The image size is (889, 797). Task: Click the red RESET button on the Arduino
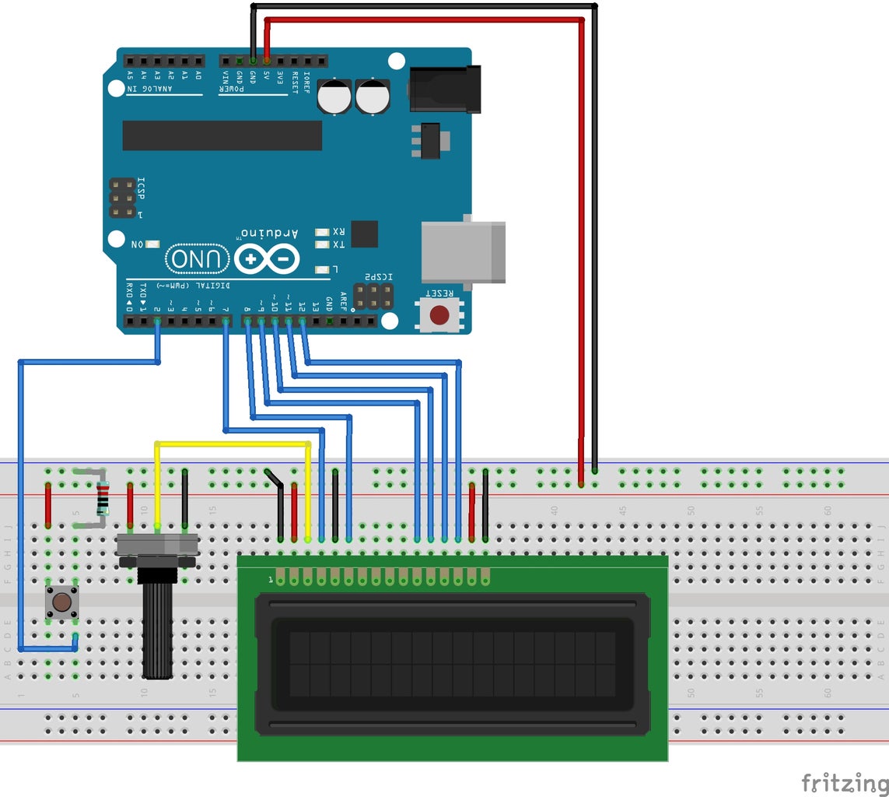point(439,315)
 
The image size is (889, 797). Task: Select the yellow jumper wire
point(233,444)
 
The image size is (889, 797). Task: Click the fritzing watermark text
point(844,781)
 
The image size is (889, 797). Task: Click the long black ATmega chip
point(222,135)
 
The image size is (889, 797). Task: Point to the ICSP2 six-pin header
point(373,296)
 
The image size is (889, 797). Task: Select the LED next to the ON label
point(151,244)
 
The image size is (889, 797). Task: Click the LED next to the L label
point(322,270)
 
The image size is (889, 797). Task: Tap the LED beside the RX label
point(322,232)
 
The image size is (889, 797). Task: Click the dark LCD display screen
point(452,664)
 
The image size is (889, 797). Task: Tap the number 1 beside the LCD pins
point(270,579)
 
